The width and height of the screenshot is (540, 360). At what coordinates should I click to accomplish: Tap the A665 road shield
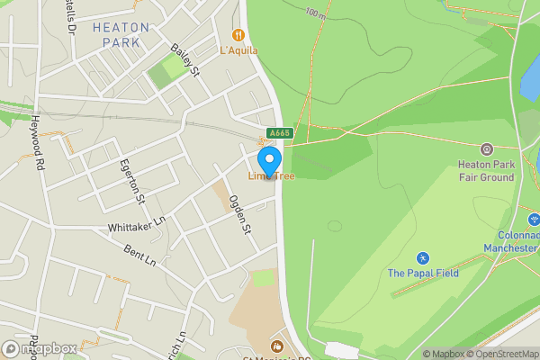pyautogui.click(x=280, y=133)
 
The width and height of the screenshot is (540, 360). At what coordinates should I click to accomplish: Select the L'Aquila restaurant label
pyautogui.click(x=238, y=50)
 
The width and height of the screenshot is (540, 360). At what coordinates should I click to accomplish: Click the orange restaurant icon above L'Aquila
pyautogui.click(x=238, y=35)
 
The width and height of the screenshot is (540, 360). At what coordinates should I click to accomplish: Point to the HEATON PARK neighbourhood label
pyautogui.click(x=121, y=34)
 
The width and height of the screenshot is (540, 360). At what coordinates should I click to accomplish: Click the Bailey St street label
pyautogui.click(x=184, y=63)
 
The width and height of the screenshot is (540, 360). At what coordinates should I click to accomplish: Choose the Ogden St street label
pyautogui.click(x=238, y=215)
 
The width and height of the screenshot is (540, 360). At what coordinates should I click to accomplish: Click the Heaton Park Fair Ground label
pyautogui.click(x=485, y=171)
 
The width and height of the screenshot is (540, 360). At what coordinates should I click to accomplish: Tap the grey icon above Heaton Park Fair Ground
pyautogui.click(x=487, y=148)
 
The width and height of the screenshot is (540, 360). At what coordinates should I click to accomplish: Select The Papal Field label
pyautogui.click(x=423, y=273)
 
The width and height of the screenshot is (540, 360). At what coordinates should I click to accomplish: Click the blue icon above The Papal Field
pyautogui.click(x=423, y=258)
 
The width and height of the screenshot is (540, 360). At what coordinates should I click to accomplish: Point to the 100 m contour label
pyautogui.click(x=314, y=13)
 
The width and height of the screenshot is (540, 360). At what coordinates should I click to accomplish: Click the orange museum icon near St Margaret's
pyautogui.click(x=276, y=345)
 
